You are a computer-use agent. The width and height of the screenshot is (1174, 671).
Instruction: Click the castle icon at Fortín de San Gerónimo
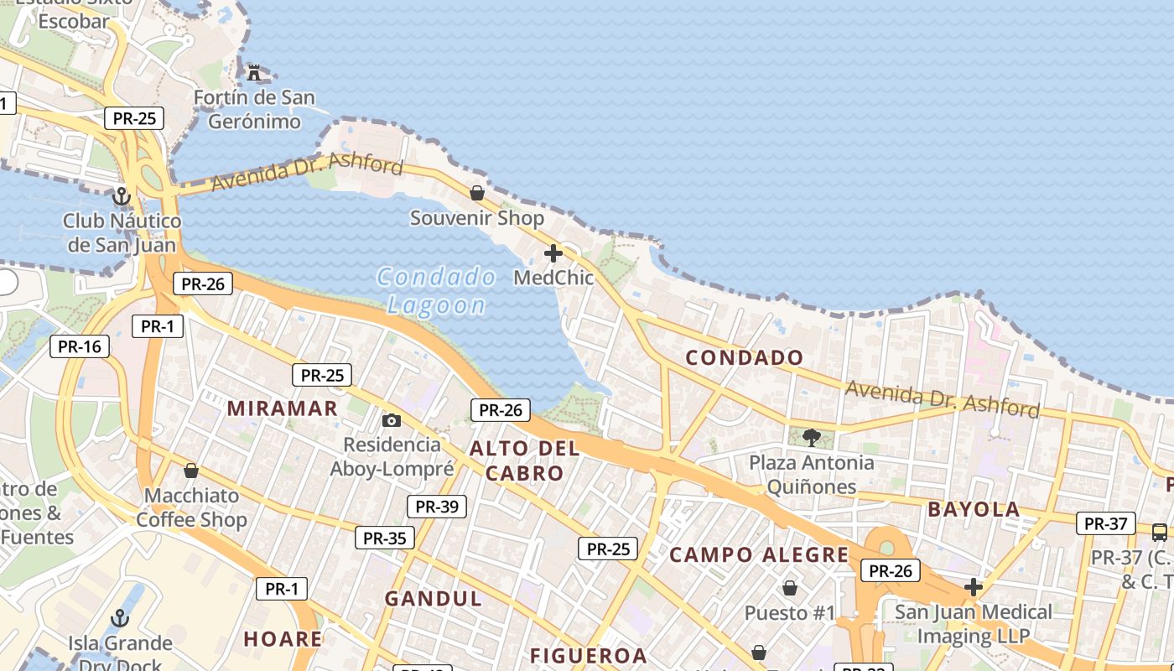(x=254, y=72)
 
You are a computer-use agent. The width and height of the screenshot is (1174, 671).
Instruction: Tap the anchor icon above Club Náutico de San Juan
(x=122, y=197)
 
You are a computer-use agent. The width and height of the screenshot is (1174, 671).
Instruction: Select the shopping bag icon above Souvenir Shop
(x=477, y=193)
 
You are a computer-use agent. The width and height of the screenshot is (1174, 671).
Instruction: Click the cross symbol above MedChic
(x=553, y=252)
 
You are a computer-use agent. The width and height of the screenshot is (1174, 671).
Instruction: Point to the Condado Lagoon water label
(x=436, y=290)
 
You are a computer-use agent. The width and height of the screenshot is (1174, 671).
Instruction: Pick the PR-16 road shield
(x=80, y=346)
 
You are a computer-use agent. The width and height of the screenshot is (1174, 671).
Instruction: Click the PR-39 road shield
(x=436, y=506)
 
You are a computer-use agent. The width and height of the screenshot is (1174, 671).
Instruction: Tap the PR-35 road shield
(x=384, y=538)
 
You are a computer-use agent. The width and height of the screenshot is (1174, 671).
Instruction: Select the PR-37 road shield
(x=1105, y=523)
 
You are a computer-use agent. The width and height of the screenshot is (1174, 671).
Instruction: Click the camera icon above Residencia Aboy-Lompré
(x=392, y=420)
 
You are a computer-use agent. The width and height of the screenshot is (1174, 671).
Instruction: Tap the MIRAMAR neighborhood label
(x=282, y=408)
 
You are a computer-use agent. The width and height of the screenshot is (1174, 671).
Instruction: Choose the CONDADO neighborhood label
(x=745, y=358)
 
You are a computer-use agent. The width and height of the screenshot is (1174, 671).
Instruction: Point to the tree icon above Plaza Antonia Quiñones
(x=811, y=437)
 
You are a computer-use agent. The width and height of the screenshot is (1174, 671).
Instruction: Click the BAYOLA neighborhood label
(x=974, y=509)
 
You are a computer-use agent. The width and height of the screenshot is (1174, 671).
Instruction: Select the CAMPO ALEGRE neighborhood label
(x=759, y=554)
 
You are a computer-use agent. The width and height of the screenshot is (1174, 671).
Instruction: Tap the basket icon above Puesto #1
(x=789, y=588)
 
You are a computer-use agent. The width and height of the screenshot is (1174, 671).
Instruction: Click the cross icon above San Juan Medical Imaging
(x=973, y=587)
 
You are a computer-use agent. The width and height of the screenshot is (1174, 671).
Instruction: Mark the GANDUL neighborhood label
(x=434, y=599)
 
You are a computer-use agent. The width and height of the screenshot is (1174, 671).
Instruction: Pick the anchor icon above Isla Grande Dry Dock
(x=120, y=619)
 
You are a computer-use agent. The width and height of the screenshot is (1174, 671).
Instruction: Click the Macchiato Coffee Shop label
(x=191, y=507)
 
